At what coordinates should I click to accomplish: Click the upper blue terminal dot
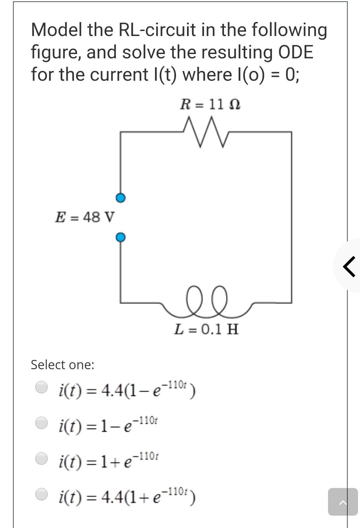tap(121, 198)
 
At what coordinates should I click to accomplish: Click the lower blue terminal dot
tap(121, 237)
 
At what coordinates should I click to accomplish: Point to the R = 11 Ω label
tap(210, 105)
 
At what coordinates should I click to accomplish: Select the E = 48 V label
tap(85, 217)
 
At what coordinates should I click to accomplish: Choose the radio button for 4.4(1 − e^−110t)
tap(42, 387)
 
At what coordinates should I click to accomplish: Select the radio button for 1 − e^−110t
tap(42, 422)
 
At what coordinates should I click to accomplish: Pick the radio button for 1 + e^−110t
tap(42, 458)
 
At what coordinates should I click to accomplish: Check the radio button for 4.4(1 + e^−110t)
tap(42, 494)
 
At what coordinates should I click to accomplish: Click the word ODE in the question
tap(295, 52)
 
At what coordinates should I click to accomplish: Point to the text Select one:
tap(63, 365)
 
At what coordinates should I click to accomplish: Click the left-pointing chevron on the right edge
tap(349, 266)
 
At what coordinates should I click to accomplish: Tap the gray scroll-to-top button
tap(343, 502)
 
